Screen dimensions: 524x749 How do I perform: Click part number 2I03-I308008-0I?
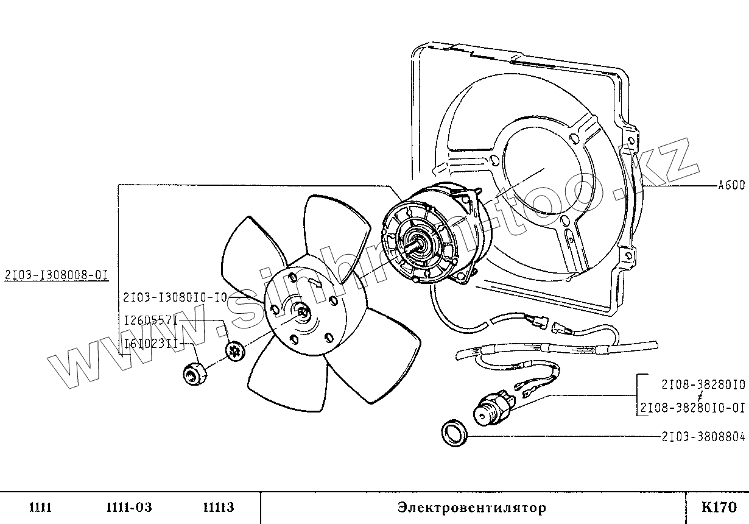tap(56, 275)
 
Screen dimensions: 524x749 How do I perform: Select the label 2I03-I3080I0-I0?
tap(175, 297)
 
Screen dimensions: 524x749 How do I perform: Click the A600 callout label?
tap(731, 186)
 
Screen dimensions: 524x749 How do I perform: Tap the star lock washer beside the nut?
tap(234, 350)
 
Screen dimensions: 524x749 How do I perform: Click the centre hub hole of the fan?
tap(303, 313)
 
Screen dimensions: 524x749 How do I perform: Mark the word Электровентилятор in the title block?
tap(472, 508)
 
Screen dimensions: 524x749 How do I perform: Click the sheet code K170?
tap(719, 507)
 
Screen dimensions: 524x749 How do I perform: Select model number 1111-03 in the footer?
tap(128, 508)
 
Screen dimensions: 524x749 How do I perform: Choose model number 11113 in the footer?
tap(217, 508)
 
